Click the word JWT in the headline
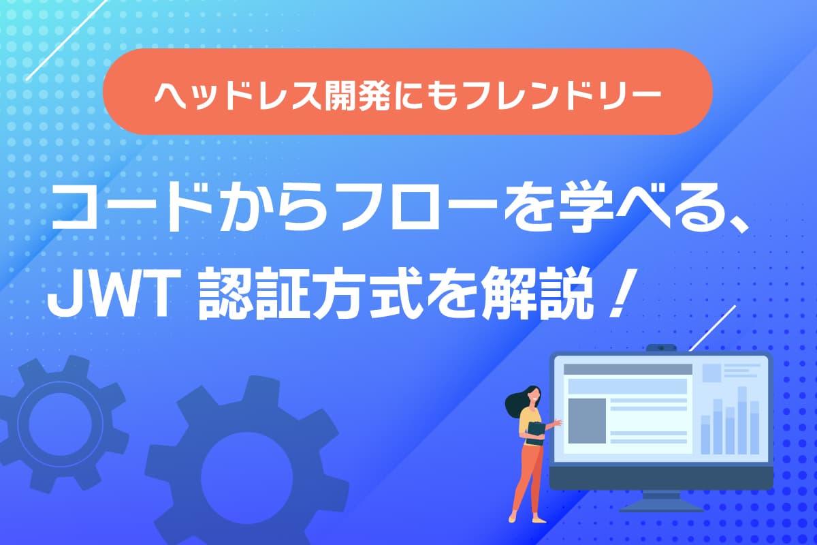tap(110, 298)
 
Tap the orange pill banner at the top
tap(408, 91)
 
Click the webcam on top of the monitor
tap(661, 349)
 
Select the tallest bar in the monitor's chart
tap(742, 420)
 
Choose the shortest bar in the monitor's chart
tap(706, 435)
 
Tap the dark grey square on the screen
tap(587, 421)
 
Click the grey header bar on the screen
tap(628, 369)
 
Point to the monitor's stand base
tap(661, 508)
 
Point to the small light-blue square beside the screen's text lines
tap(711, 373)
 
